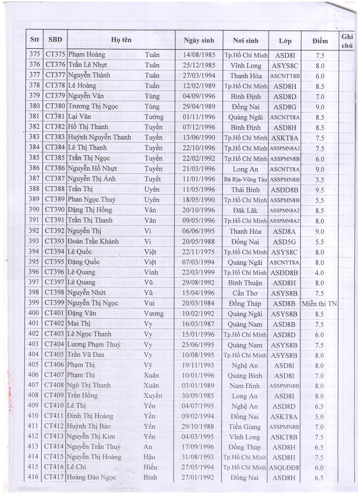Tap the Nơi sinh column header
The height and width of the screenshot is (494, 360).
245,40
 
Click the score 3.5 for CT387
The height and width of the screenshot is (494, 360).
320,179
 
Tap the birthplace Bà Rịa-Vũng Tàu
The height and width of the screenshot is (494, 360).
246,179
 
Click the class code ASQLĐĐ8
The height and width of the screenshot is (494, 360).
285,468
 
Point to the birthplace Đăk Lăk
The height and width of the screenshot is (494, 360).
246,210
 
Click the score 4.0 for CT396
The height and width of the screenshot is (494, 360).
320,272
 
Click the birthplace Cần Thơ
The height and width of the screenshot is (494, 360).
246,293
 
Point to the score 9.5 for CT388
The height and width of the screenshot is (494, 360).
320,190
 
